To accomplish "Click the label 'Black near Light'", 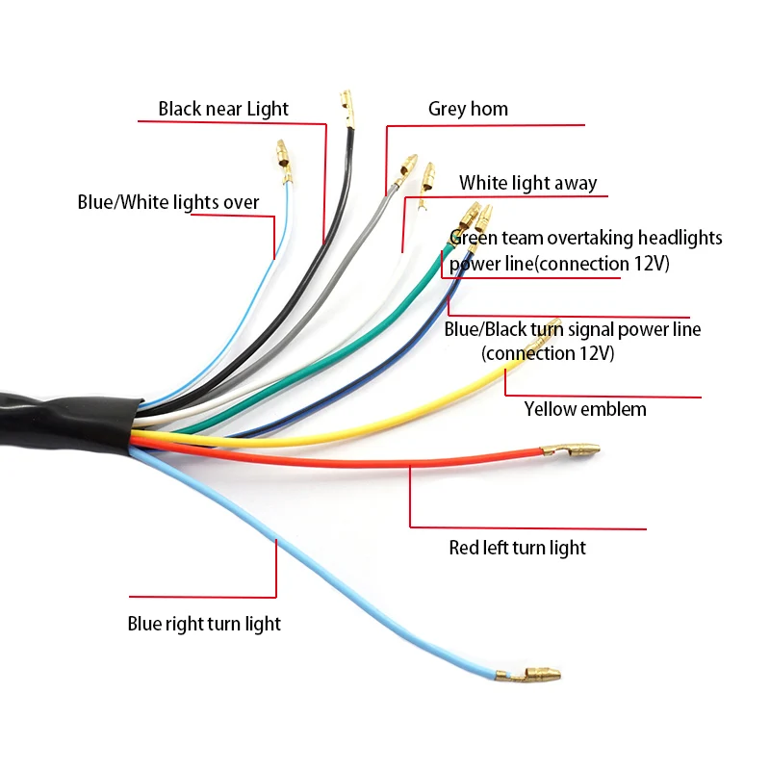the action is click(223, 109).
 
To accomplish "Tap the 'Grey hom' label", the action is click(468, 109).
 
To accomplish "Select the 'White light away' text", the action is click(527, 183).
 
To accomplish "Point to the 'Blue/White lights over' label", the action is click(167, 202).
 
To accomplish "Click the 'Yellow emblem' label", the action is click(585, 409).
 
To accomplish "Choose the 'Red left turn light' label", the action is click(517, 548).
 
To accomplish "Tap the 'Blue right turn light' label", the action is click(204, 624).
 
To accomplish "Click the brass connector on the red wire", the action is click(570, 449).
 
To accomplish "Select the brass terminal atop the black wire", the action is click(347, 109).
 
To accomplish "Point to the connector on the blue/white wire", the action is click(284, 161).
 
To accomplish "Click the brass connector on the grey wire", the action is click(405, 171).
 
